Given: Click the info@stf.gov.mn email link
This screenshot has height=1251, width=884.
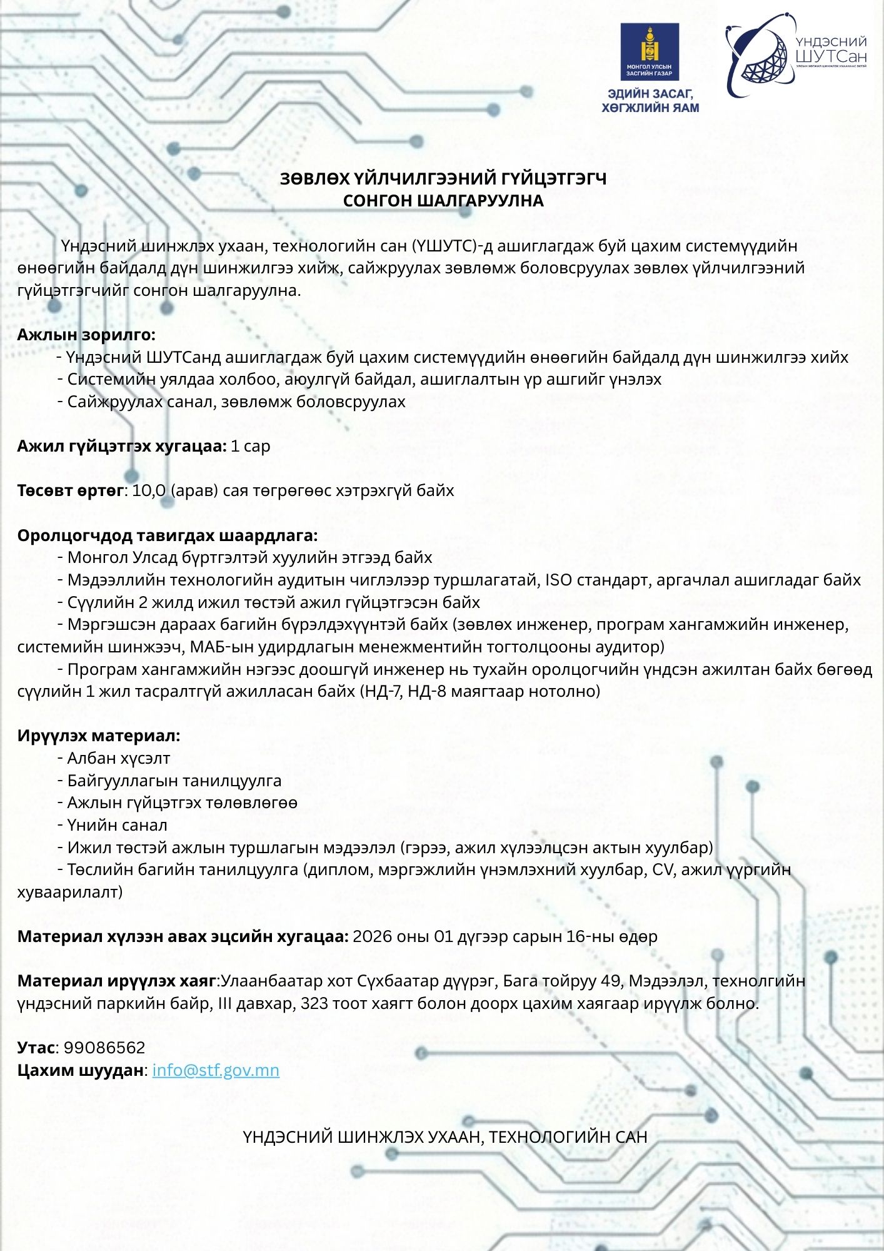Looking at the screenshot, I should point(216,1070).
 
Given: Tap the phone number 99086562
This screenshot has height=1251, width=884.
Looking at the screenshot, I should point(104,1048).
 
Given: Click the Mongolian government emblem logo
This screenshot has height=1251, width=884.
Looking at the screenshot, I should point(650,52).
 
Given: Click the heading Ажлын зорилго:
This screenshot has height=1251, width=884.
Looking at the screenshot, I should point(86,335).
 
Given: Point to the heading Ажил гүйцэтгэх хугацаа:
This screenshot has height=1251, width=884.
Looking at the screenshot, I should point(122,446).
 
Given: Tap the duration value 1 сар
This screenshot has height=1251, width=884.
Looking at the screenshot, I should point(250,446).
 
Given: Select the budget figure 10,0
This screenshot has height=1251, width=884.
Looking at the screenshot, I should point(149,490).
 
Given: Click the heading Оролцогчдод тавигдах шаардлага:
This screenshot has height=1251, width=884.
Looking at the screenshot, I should point(168,535).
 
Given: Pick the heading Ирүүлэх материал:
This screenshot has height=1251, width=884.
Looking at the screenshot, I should point(99,736).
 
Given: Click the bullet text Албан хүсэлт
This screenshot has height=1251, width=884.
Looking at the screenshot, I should point(119,758).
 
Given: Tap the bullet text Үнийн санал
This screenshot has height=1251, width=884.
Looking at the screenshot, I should point(117,825).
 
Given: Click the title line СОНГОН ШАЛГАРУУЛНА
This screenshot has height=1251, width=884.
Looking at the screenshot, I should point(443,201).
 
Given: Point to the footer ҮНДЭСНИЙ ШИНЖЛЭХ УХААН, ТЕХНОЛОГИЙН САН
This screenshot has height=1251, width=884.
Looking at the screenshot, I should point(445,1137).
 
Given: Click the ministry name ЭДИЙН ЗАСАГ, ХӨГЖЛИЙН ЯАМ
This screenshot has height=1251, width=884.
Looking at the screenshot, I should point(650,101).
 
